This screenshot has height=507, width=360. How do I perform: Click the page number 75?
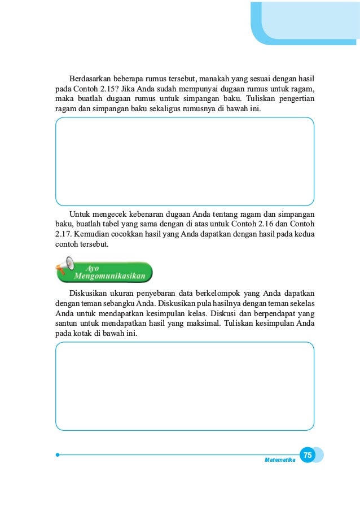(x=307, y=455)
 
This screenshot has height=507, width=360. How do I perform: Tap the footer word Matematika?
(x=280, y=460)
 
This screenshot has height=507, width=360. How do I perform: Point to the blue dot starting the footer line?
(x=58, y=454)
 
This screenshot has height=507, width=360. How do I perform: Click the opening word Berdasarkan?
(x=89, y=77)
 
